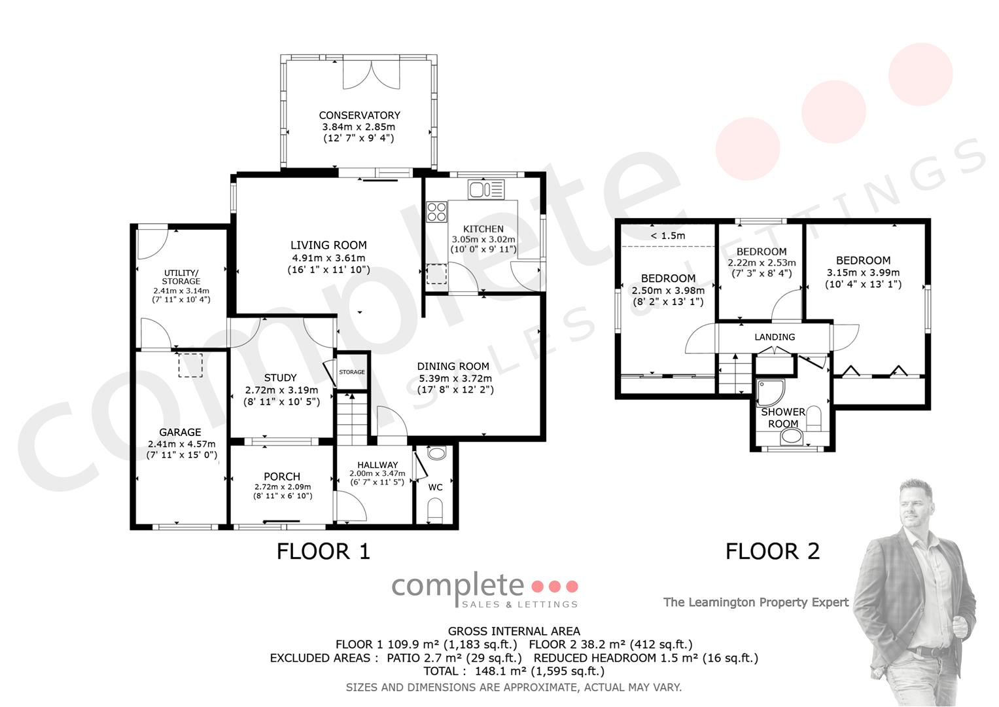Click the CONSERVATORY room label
[359, 115]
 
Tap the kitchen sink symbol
[486, 189]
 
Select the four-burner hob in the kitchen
[436, 212]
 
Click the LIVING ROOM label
[328, 245]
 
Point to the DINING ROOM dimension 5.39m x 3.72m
[455, 378]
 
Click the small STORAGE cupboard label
[352, 372]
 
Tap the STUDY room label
[280, 378]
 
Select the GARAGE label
[180, 432]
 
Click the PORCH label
[282, 477]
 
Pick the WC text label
[435, 487]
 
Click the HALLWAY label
[377, 465]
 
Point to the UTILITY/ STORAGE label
[181, 277]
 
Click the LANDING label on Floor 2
[775, 337]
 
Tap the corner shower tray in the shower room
[770, 393]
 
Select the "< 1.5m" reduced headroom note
[667, 236]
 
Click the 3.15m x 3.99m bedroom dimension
[863, 272]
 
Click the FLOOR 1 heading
[323, 551]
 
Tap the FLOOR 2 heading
[773, 551]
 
